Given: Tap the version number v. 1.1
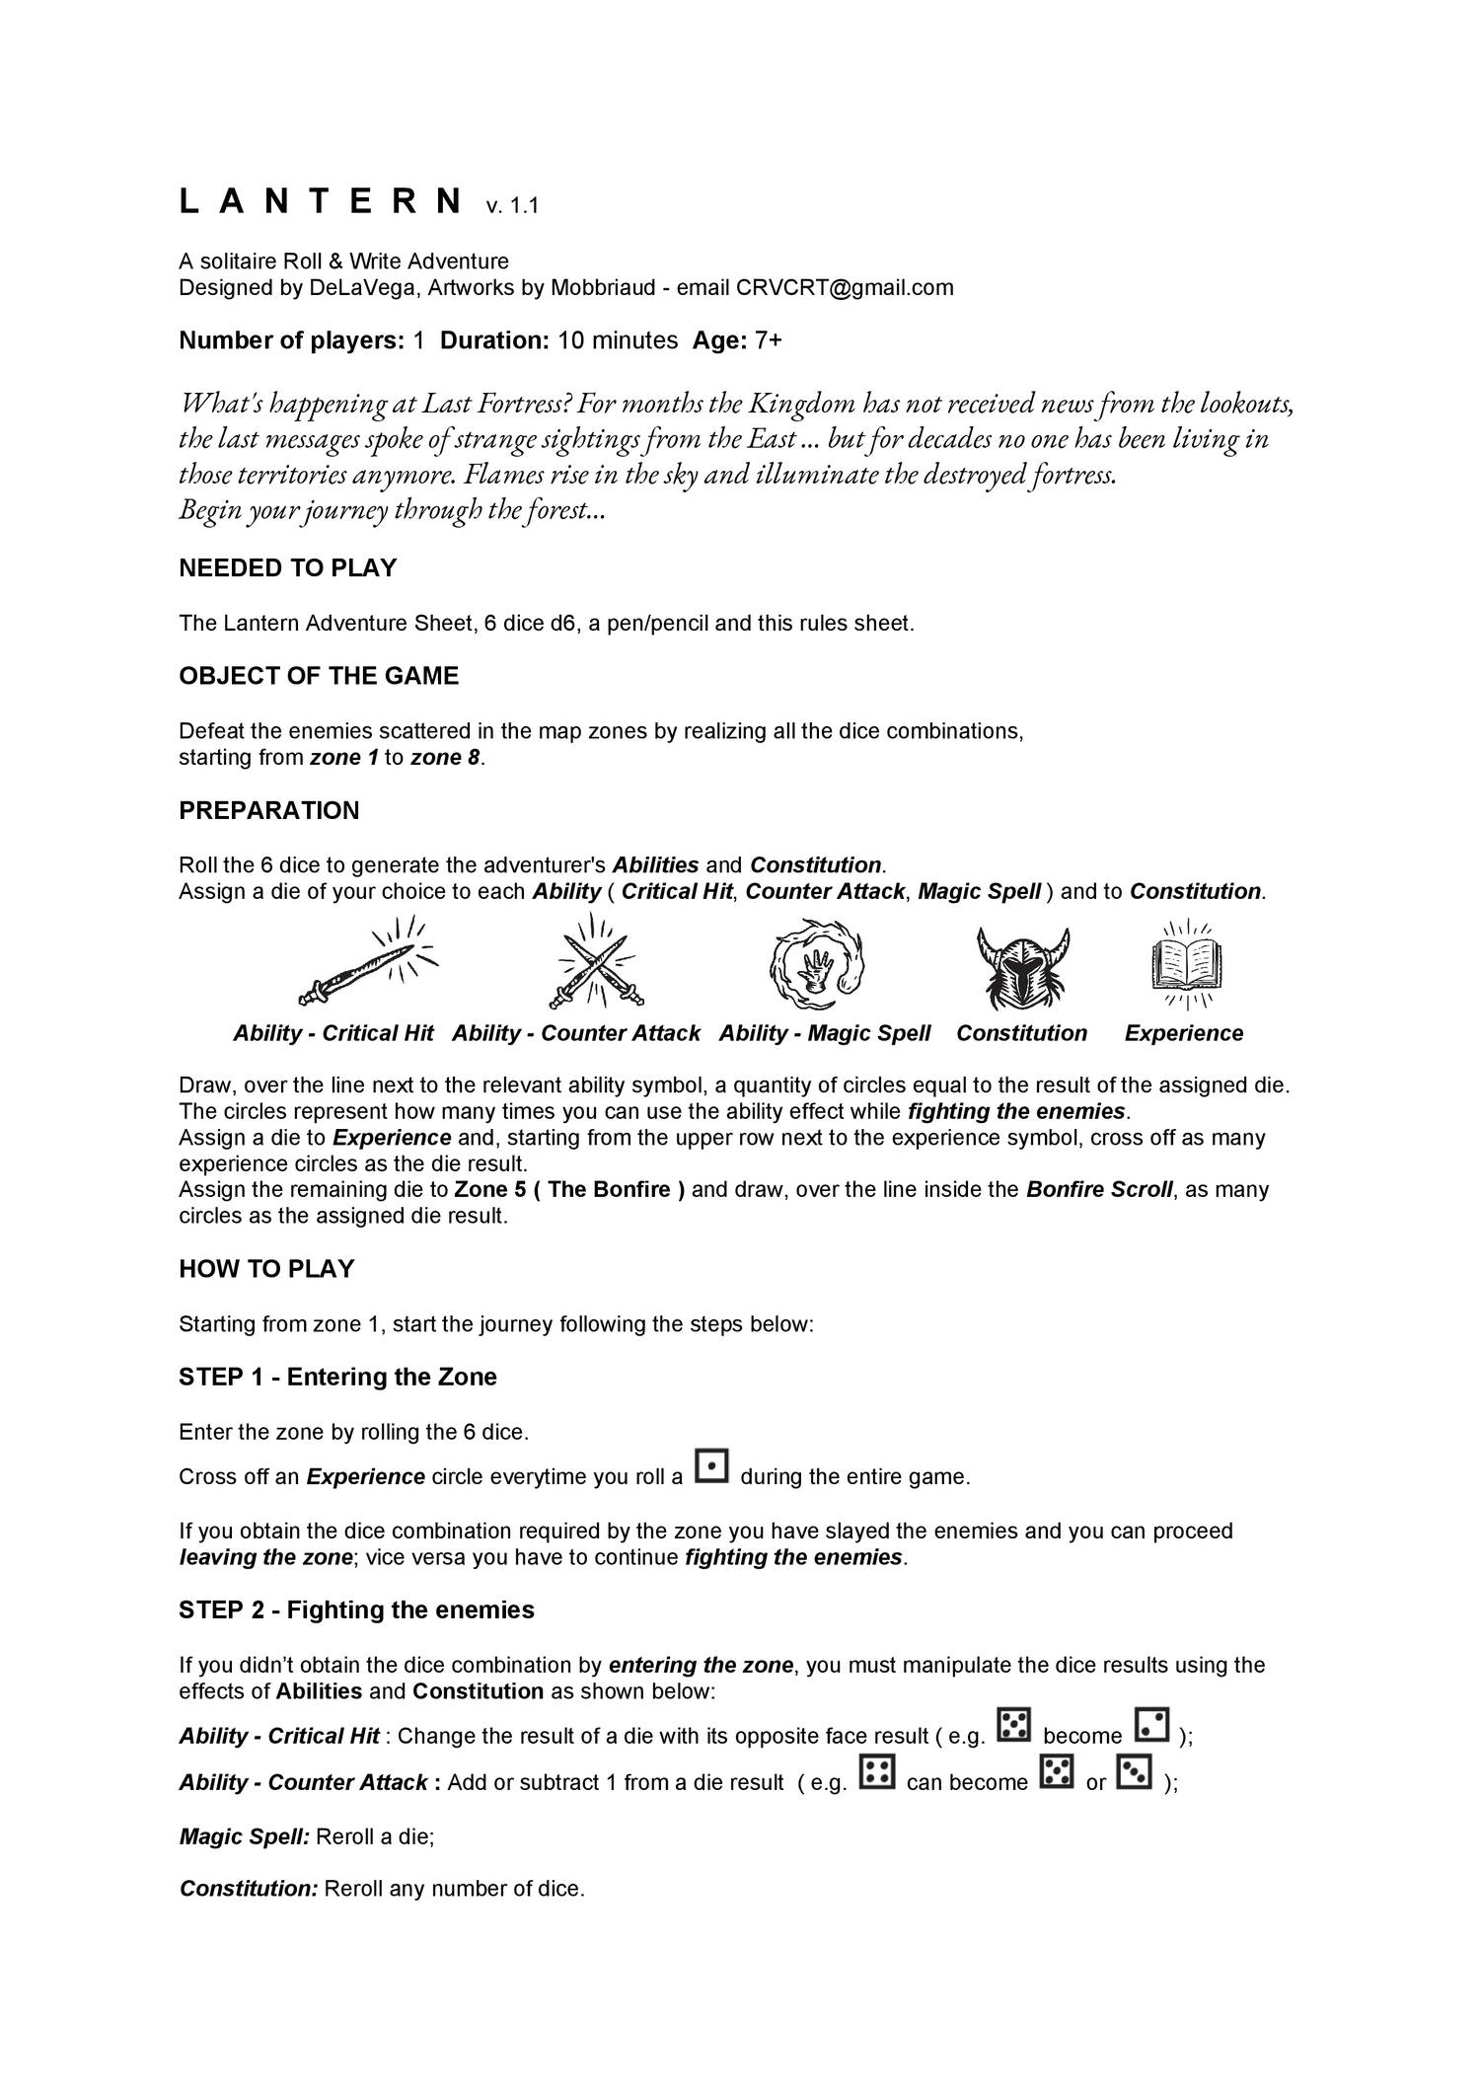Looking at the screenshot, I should pos(511,206).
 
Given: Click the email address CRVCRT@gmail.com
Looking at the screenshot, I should pos(845,287).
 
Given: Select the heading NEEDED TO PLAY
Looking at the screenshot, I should pos(287,567).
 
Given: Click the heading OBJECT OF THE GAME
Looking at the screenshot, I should pos(319,676).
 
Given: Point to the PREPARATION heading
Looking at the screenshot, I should pos(268,810).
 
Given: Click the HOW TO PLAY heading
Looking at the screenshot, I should pos(266,1268).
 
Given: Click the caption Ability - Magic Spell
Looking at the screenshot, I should pos(824,1033).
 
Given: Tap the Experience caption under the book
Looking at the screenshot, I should pos(1183,1033).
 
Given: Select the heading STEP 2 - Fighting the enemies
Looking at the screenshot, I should pos(356,1609).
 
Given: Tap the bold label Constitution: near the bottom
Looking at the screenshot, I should pos(249,1889).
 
